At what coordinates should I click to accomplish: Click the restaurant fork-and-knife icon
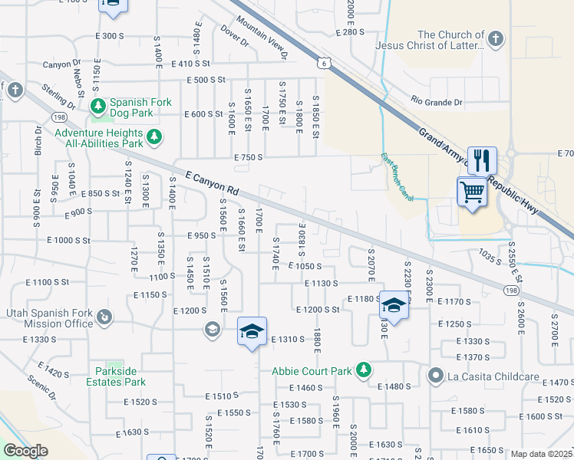pyautogui.click(x=482, y=160)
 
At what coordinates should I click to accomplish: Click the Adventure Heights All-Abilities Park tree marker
pyautogui.click(x=155, y=136)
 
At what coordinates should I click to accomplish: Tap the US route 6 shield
pyautogui.click(x=326, y=64)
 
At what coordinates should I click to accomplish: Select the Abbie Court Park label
pyautogui.click(x=312, y=371)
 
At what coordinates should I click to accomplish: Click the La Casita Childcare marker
pyautogui.click(x=436, y=375)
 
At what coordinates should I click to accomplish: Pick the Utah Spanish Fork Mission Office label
pyautogui.click(x=48, y=317)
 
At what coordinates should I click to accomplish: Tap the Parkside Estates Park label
pyautogui.click(x=126, y=376)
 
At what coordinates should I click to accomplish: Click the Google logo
pyautogui.click(x=25, y=451)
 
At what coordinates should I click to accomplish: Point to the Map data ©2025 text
pyautogui.click(x=541, y=454)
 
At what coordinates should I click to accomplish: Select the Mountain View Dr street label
pyautogui.click(x=262, y=38)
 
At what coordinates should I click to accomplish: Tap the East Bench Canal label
pyautogui.click(x=398, y=178)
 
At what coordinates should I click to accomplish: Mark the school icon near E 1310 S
pyautogui.click(x=252, y=331)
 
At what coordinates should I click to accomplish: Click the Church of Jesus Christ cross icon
pyautogui.click(x=496, y=38)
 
